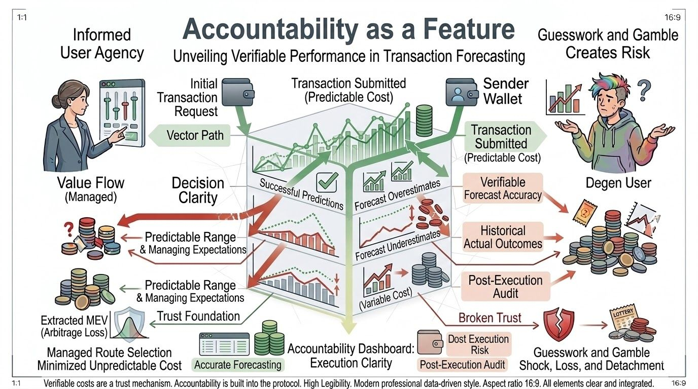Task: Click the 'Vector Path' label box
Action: click(x=195, y=135)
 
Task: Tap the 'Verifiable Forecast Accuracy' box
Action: click(x=503, y=188)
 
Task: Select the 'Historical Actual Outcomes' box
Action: click(x=503, y=237)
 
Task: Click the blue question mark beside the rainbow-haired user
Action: click(x=644, y=92)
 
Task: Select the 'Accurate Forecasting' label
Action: click(x=237, y=364)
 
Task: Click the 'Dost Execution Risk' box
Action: click(x=478, y=344)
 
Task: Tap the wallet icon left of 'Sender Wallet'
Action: click(x=461, y=92)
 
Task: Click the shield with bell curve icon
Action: click(x=128, y=326)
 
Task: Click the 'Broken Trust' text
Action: click(x=490, y=318)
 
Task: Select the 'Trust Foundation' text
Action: click(x=198, y=316)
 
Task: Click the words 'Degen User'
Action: click(x=618, y=183)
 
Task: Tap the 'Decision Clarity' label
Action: click(x=198, y=190)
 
